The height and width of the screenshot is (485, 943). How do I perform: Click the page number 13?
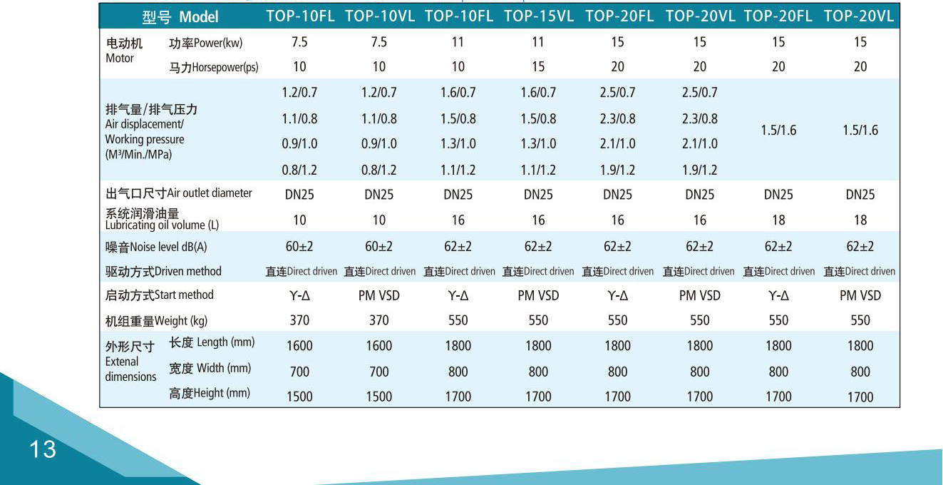click(43, 449)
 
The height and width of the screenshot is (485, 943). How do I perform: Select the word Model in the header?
click(199, 16)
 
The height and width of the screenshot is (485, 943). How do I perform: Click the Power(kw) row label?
click(205, 43)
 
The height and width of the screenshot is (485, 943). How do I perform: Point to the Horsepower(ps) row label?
click(213, 68)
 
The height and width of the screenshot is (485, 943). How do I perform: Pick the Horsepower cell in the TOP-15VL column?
click(538, 66)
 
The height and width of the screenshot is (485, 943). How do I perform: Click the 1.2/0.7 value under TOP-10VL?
click(379, 93)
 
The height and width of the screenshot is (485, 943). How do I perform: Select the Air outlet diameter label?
click(209, 193)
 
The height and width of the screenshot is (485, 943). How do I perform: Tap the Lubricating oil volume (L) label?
click(162, 225)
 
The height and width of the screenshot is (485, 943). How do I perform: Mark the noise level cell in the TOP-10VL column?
click(379, 247)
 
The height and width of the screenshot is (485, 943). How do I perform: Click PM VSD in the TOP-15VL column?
click(538, 295)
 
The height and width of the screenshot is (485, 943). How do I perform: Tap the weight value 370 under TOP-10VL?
click(379, 321)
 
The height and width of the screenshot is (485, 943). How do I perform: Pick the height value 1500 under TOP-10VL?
click(379, 397)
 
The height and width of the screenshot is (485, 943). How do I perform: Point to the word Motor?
click(120, 58)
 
